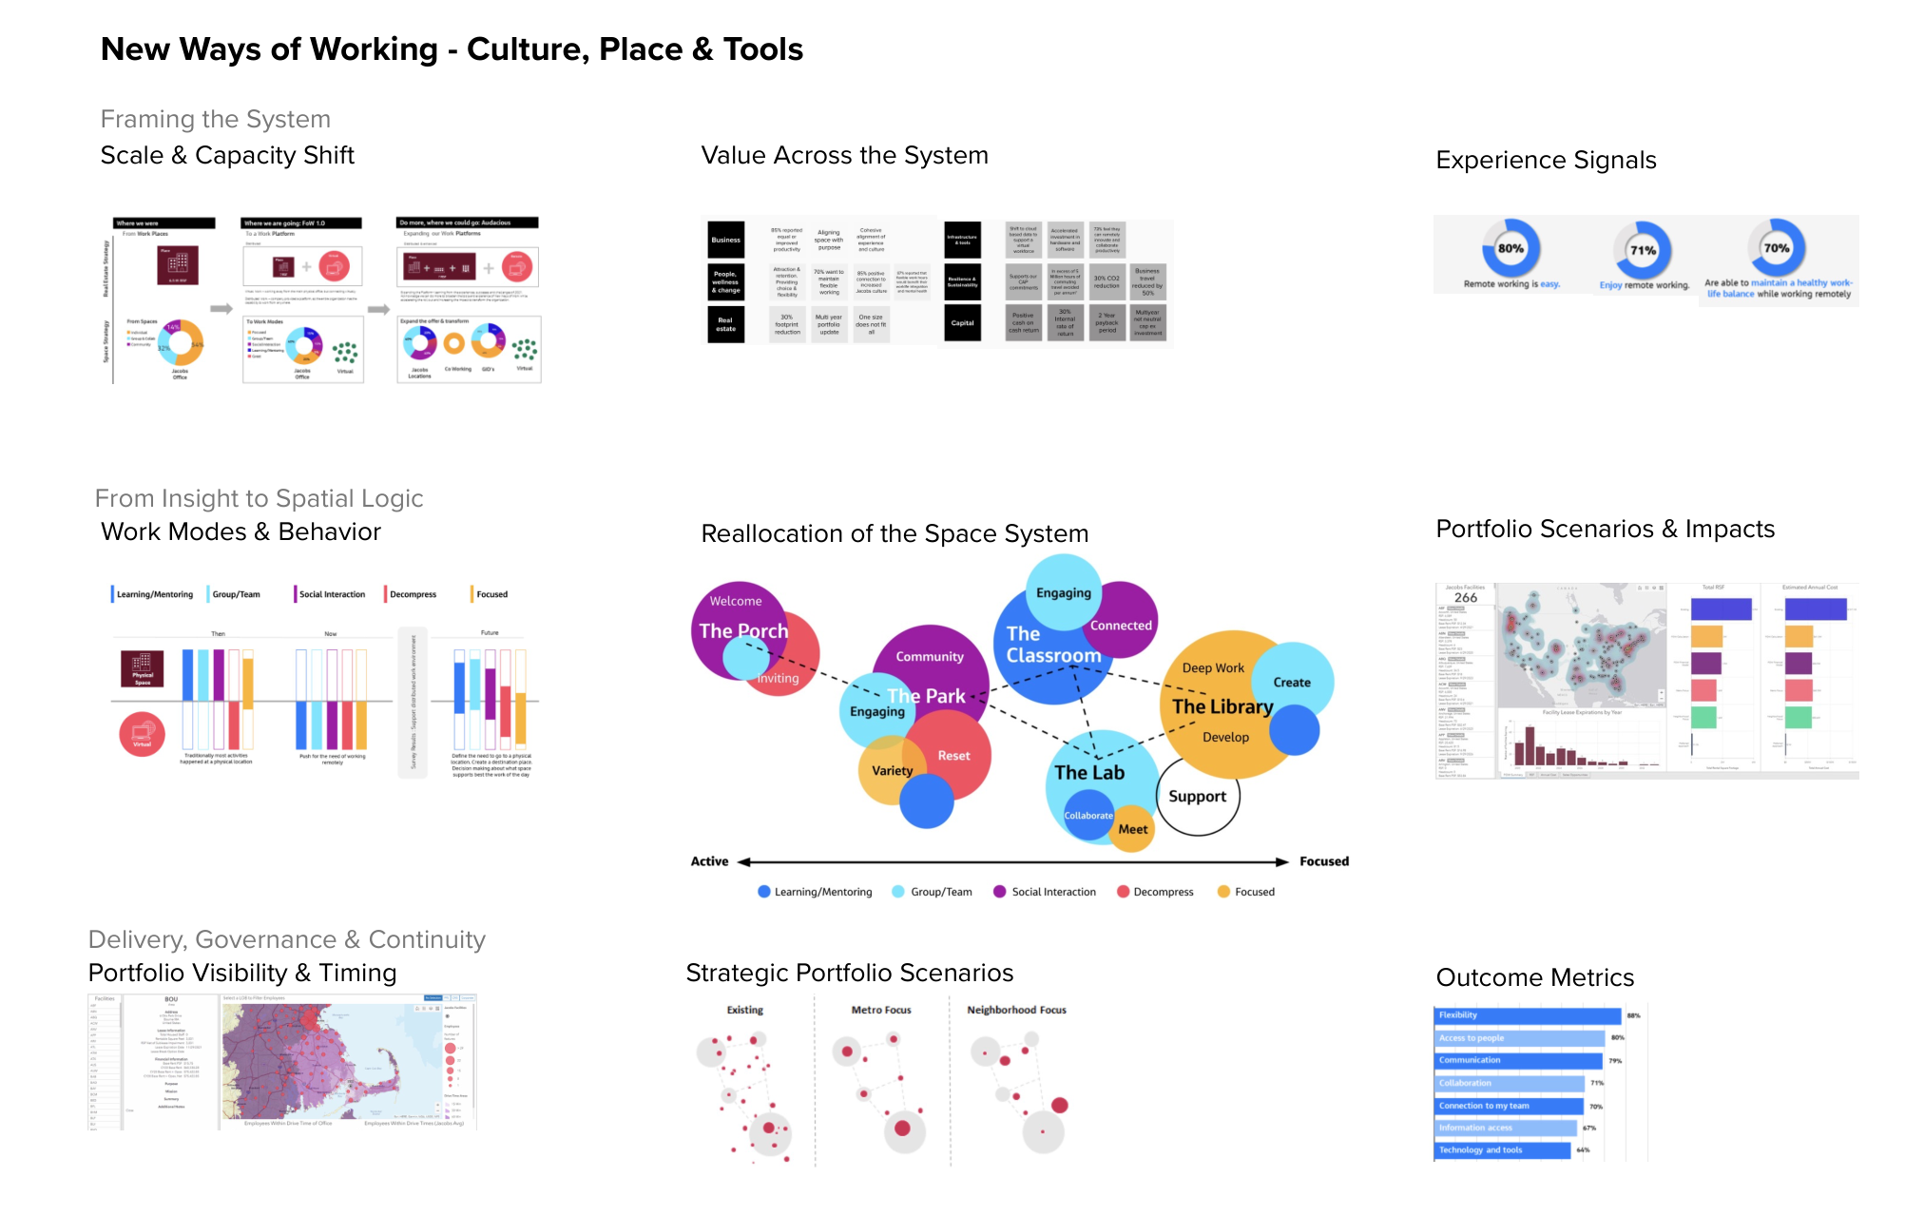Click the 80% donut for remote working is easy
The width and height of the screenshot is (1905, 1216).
pyautogui.click(x=1511, y=249)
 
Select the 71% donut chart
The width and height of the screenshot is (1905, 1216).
pyautogui.click(x=1643, y=251)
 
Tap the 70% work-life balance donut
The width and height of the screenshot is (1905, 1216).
pyautogui.click(x=1776, y=248)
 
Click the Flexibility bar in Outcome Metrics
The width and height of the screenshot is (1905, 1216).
pyautogui.click(x=1527, y=1015)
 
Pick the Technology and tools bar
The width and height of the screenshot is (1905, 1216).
pyautogui.click(x=1502, y=1150)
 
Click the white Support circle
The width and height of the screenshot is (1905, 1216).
pyautogui.click(x=1197, y=797)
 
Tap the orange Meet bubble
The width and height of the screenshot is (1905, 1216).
pyautogui.click(x=1132, y=829)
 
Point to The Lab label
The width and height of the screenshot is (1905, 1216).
pyautogui.click(x=1089, y=773)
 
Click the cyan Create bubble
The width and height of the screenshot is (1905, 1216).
pyautogui.click(x=1292, y=682)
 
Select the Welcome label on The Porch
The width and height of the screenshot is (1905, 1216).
pyautogui.click(x=736, y=601)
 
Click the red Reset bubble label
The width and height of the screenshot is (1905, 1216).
pyautogui.click(x=953, y=756)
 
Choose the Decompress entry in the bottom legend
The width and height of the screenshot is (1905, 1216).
pyautogui.click(x=1155, y=892)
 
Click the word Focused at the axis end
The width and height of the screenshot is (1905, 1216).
pyautogui.click(x=1323, y=861)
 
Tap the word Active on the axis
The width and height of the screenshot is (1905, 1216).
pyautogui.click(x=709, y=861)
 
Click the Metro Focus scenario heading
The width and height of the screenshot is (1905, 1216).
pyautogui.click(x=881, y=1010)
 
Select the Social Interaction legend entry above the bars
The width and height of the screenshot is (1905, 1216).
pyautogui.click(x=331, y=594)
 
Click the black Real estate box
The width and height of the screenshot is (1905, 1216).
pyautogui.click(x=725, y=324)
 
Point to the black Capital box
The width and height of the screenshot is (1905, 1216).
pyautogui.click(x=962, y=323)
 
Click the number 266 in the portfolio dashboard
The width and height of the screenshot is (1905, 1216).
pyautogui.click(x=1465, y=598)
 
